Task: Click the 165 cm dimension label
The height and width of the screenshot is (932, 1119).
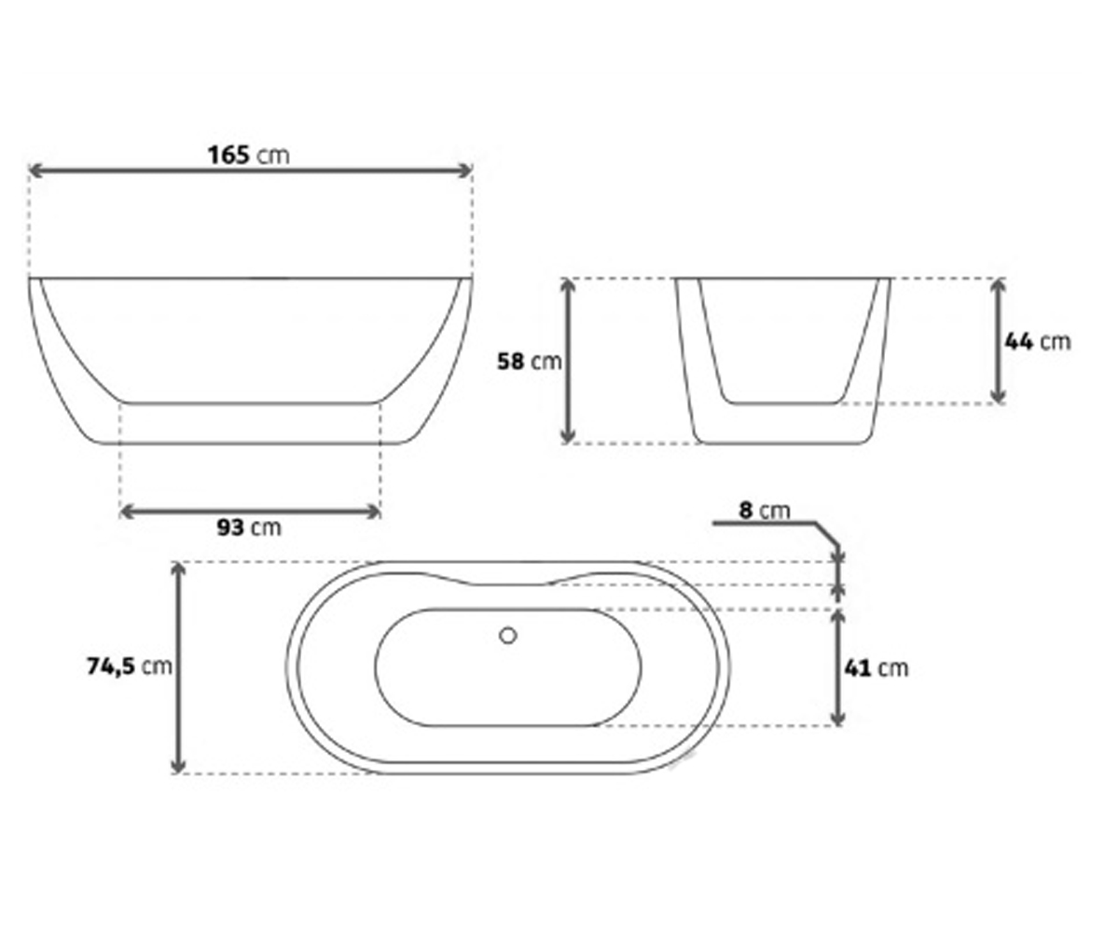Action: pos(249,156)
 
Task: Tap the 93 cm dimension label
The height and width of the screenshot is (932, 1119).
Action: pos(249,528)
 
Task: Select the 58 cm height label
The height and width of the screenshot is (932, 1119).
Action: pos(529,362)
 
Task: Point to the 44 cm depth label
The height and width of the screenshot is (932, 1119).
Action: pos(1038,342)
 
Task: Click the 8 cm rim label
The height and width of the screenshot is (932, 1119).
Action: pos(765,511)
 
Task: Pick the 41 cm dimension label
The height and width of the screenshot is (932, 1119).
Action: pos(877,668)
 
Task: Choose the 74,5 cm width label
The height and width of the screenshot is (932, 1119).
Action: pos(130,666)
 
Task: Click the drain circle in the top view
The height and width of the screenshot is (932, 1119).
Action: pos(507,636)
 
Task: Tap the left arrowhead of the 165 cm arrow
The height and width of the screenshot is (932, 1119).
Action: pos(35,171)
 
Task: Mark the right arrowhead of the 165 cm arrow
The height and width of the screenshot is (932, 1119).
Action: pos(464,171)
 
